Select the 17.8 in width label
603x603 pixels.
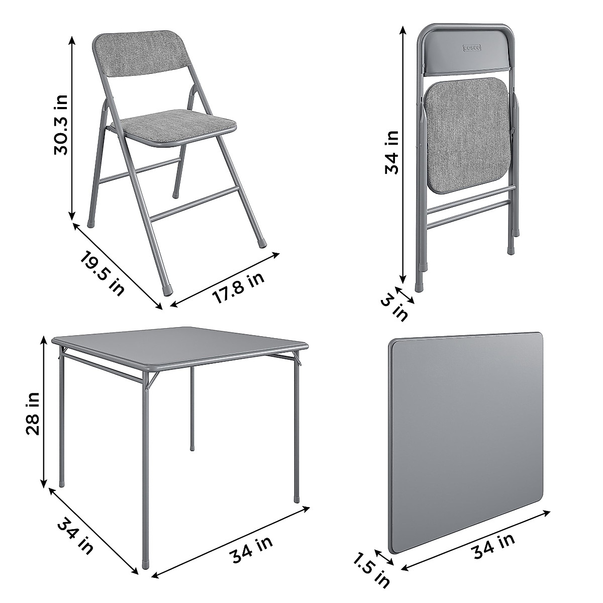pyautogui.click(x=238, y=287)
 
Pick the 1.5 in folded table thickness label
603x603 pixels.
pyautogui.click(x=371, y=569)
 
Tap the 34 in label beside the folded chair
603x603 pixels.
pyautogui.click(x=392, y=152)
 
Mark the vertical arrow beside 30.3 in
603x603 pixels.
pyautogui.click(x=73, y=126)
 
